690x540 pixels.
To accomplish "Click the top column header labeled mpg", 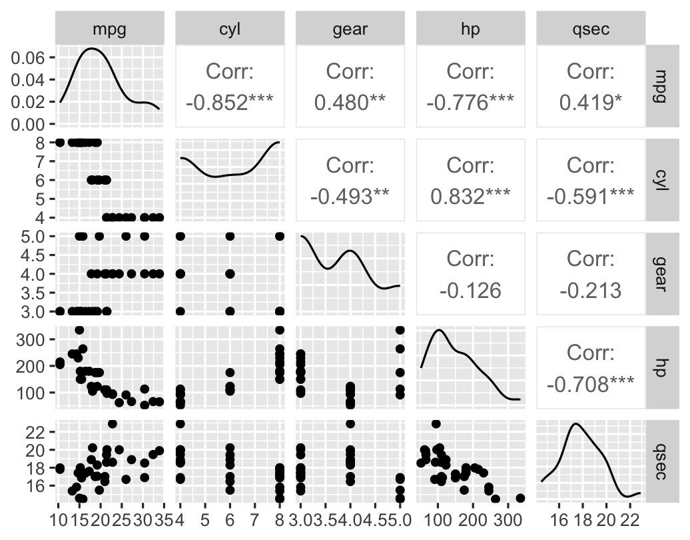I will coord(110,30).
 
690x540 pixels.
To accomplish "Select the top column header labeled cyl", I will coord(230,30).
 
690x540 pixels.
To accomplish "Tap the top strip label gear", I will coord(350,30).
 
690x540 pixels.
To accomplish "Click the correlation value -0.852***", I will coord(230,103).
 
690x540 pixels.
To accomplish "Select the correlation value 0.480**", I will coord(350,103).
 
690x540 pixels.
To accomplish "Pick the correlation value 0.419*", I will coord(591,103).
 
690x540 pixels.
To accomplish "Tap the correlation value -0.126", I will coord(470,291).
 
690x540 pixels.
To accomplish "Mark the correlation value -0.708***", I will coord(591,385).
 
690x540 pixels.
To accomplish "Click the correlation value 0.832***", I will coord(470,197).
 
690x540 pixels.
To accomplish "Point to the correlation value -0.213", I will coord(591,291).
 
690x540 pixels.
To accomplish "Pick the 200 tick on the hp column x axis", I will coord(473,520).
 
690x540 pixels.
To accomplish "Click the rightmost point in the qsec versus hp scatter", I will coord(520,498).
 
